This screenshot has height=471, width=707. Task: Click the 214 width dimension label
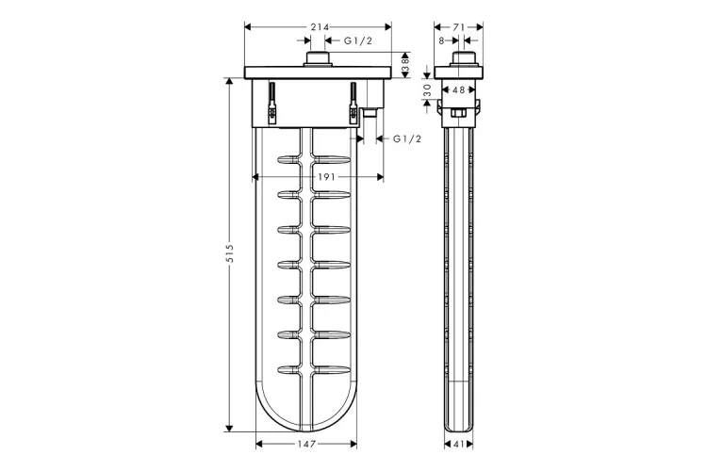[320, 27]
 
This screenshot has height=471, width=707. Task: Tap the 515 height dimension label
[229, 253]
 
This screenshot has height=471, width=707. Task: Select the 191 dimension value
[326, 177]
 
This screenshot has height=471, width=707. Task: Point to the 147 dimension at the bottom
[306, 445]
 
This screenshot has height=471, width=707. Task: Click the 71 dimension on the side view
[458, 27]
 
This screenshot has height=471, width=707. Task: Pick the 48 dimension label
[458, 90]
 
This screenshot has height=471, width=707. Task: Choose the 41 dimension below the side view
[458, 445]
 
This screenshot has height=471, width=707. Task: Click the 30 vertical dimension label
[427, 90]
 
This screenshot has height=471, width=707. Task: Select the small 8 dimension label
[442, 41]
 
